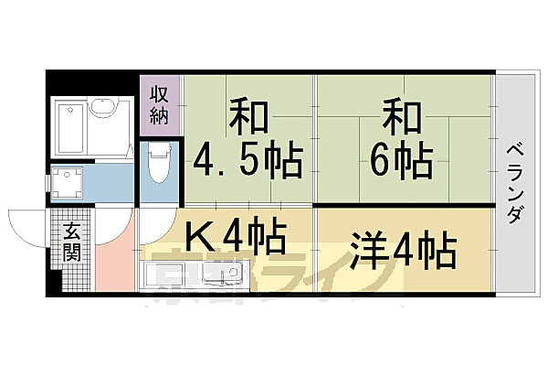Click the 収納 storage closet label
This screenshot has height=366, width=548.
161,103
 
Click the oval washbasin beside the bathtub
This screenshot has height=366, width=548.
102,113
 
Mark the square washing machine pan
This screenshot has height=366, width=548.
67,183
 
